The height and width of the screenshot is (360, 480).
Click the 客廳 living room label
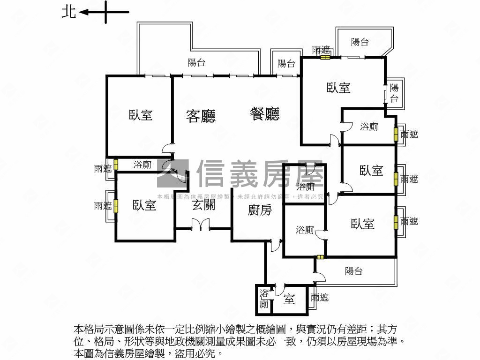[x=201, y=116]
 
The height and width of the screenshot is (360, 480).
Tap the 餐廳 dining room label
[x=264, y=114]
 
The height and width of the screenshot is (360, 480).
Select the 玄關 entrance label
[x=203, y=204]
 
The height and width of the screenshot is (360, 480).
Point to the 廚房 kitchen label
[x=260, y=210]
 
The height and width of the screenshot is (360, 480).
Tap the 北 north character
[x=68, y=12]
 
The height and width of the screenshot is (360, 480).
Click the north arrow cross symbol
[x=106, y=12]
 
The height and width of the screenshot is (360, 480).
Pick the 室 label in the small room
[x=289, y=299]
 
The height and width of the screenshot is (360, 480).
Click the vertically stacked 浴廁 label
[x=264, y=299]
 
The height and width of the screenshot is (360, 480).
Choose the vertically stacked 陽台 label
[x=394, y=93]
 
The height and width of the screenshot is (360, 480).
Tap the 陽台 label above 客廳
[x=196, y=62]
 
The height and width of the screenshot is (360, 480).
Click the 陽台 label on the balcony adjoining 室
[x=353, y=271]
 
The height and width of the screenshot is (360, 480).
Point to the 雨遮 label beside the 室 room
[x=320, y=297]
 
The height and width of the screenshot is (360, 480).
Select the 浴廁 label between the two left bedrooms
[x=142, y=165]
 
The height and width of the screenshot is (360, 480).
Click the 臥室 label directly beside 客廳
[x=141, y=114]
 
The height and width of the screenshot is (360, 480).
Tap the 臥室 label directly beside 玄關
[x=144, y=205]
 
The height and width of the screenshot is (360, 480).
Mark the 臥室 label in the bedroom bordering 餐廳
[x=338, y=88]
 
